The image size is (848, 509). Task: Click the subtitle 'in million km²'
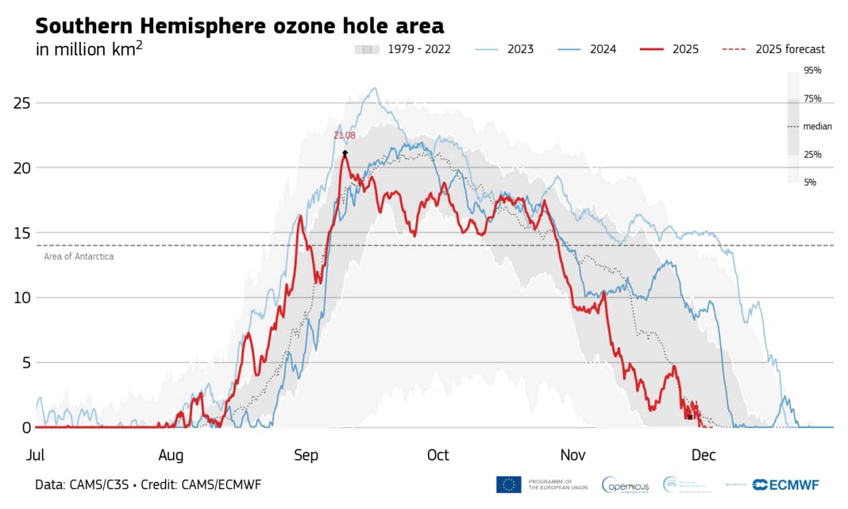89,49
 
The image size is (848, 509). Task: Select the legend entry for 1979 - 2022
403,49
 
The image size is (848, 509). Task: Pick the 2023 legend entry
505,49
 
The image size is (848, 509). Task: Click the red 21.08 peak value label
344,135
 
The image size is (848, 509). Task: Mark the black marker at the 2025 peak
345,152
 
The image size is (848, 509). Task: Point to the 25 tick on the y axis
23,103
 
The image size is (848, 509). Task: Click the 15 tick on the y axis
23,233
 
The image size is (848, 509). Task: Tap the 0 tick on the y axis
26,427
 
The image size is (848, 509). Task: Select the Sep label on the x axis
306,455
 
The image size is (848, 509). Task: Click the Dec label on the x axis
704,455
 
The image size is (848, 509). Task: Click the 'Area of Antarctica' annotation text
79,256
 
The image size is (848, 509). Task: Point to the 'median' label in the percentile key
817,127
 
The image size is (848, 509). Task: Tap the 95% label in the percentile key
812,70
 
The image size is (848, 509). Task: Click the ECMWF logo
786,484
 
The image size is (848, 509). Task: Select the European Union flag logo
508,484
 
